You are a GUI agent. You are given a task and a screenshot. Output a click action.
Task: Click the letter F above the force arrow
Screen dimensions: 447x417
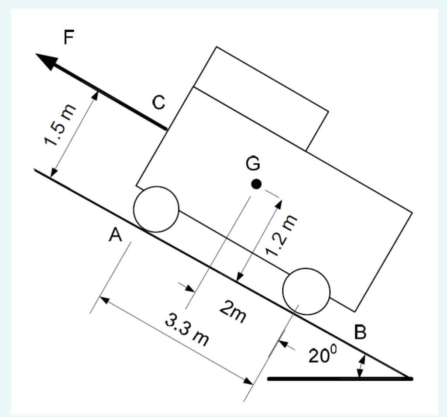coord(69,38)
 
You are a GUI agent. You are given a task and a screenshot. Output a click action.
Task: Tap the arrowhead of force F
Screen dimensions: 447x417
coord(46,61)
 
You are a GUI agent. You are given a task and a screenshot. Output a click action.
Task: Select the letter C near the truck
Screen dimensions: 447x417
coord(159,103)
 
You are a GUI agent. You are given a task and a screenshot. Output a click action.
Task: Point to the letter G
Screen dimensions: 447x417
coord(253,164)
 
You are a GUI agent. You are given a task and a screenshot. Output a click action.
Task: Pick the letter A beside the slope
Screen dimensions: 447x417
coord(115,236)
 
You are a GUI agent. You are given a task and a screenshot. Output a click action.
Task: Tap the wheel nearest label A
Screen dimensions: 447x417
coord(156,209)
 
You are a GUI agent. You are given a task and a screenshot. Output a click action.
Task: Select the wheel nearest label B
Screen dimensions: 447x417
coord(306,291)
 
